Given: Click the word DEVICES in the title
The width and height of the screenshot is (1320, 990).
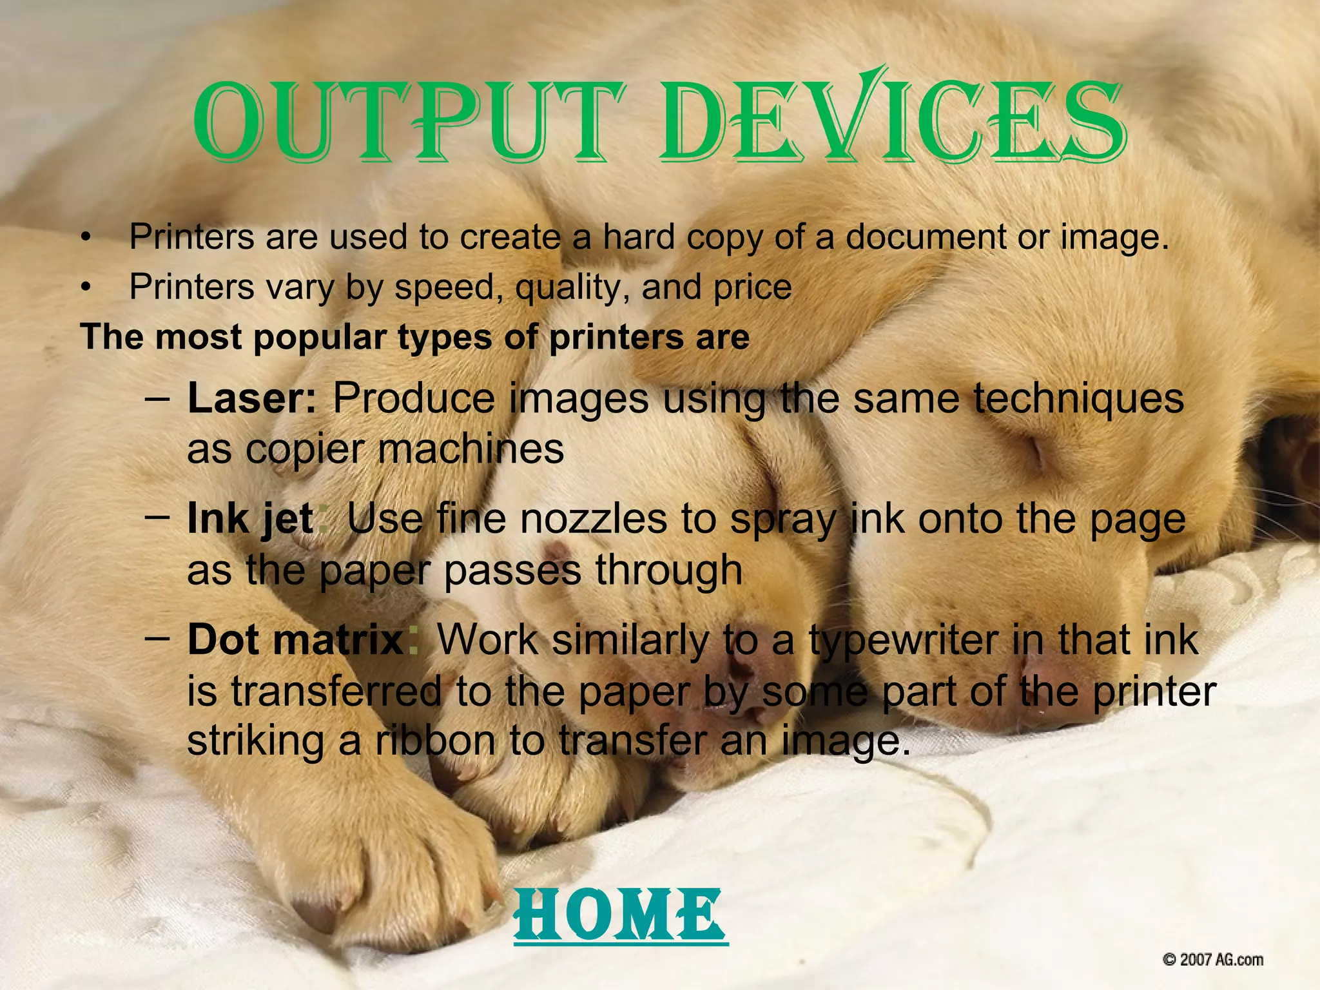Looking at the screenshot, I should tap(892, 122).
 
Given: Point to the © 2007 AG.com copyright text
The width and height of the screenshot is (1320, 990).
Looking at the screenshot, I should tap(1212, 960).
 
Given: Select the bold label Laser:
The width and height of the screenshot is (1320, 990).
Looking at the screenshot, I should tap(252, 398).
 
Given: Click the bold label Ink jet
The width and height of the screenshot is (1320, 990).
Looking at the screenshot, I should tap(250, 519).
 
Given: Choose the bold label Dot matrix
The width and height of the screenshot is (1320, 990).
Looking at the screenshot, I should tap(295, 640).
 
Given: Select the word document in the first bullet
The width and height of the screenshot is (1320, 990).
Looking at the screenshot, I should tap(926, 237).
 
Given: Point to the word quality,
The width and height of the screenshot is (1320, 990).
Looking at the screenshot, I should tap(573, 287).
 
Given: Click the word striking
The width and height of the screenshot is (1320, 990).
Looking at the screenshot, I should tap(255, 741).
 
